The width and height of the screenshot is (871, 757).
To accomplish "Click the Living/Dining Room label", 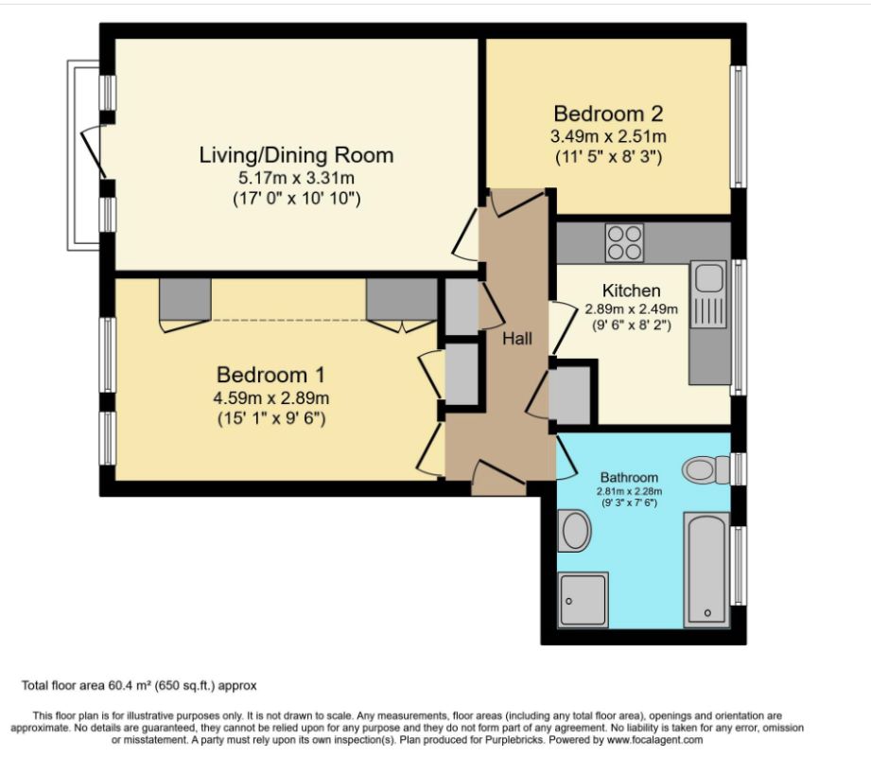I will coord(296,155).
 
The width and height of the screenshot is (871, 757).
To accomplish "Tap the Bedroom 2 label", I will coord(608,114).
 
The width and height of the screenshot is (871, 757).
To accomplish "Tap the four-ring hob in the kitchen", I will coord(623,242).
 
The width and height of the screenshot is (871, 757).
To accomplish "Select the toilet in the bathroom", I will coord(705,468).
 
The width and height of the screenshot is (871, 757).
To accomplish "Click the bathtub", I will coord(706,570).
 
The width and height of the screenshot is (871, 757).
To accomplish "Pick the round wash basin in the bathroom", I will coord(574,532).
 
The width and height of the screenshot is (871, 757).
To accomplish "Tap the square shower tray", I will coord(583,600).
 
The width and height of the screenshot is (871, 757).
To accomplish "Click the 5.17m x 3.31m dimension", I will coord(296,178).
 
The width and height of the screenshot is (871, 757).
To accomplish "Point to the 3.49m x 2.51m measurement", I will coord(608,136).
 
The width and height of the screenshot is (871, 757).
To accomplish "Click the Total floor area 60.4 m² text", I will coord(139,684).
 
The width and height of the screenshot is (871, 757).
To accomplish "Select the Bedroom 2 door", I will coord(518,201).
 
